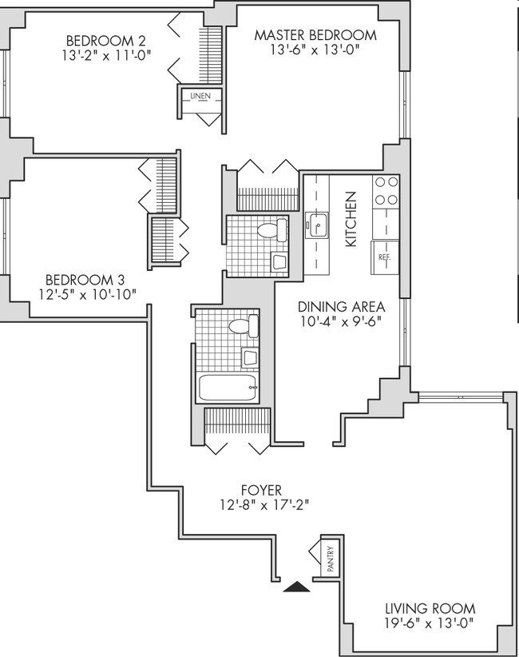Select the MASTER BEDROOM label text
(315, 35)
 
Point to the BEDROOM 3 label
(85, 280)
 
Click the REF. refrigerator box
(384, 257)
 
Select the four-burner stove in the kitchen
(386, 191)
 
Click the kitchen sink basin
(316, 227)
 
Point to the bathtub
(228, 389)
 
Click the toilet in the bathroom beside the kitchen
(271, 231)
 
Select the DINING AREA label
(341, 307)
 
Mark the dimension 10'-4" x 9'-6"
(341, 321)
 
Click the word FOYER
(261, 490)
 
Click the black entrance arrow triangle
(298, 587)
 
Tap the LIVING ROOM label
(429, 608)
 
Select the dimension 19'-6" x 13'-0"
(429, 623)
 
